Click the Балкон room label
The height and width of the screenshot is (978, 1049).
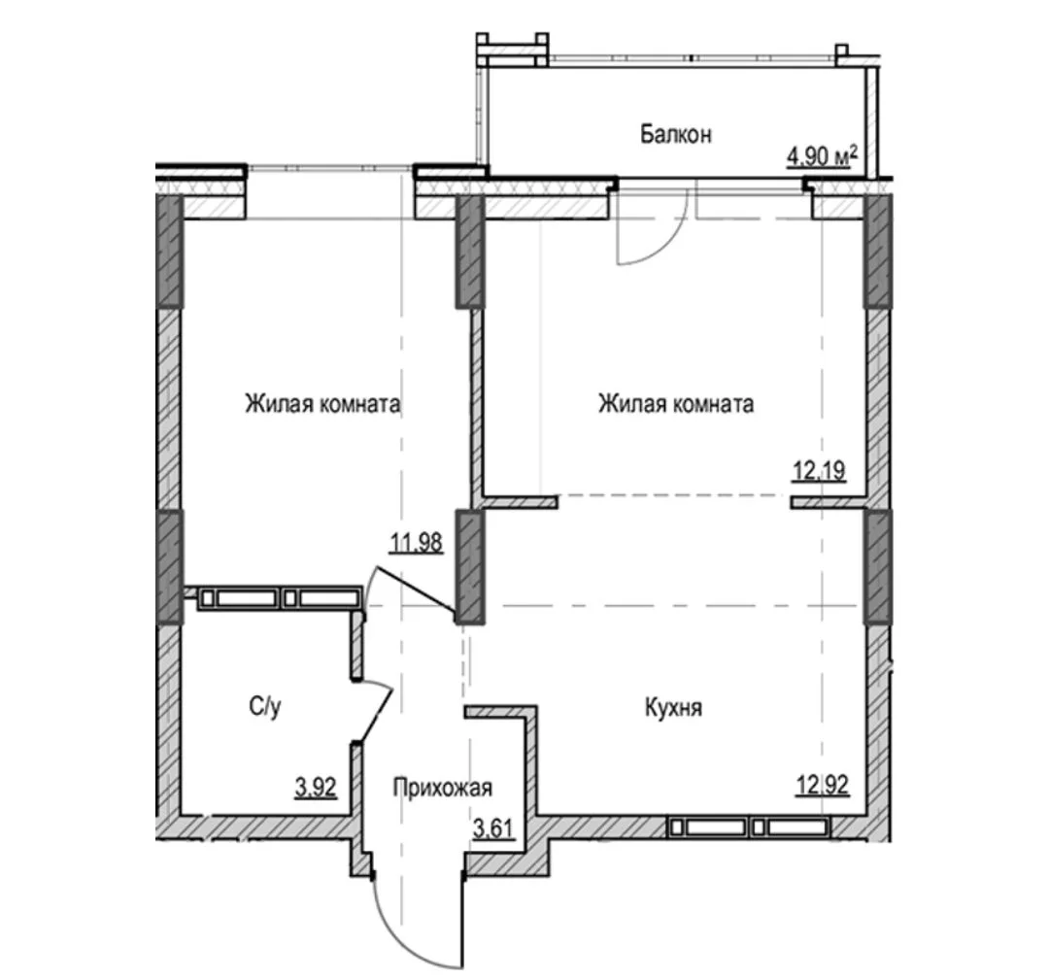[x=676, y=134]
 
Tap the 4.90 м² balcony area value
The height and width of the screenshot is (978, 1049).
[x=823, y=157]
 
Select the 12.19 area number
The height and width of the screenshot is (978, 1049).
[x=820, y=471]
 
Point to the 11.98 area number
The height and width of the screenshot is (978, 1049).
[x=416, y=543]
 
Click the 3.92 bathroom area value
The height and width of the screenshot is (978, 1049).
[x=316, y=788]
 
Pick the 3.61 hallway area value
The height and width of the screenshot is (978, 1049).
[x=493, y=828]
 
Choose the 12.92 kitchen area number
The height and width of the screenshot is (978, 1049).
[x=823, y=784]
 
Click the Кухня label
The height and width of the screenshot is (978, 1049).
[x=674, y=708]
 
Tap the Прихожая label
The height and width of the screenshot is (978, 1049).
[x=442, y=788]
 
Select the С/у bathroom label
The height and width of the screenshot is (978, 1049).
[x=265, y=707]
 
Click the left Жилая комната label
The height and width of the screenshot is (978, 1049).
[x=322, y=404]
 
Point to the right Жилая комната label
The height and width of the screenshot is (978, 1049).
[x=676, y=404]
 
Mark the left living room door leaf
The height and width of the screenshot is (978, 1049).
[x=415, y=590]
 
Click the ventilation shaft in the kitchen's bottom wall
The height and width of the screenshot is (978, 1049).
[x=749, y=827]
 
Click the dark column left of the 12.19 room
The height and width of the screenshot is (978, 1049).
[x=470, y=252]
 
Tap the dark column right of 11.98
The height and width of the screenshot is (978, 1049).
[x=470, y=566]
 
